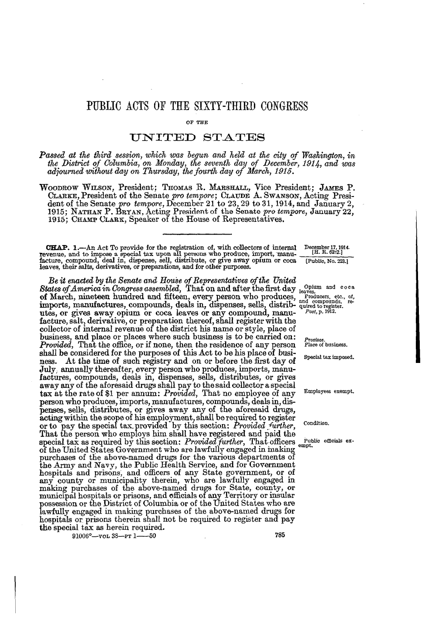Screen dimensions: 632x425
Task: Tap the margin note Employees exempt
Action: (328, 391)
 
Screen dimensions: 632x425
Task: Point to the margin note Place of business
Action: (325, 344)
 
